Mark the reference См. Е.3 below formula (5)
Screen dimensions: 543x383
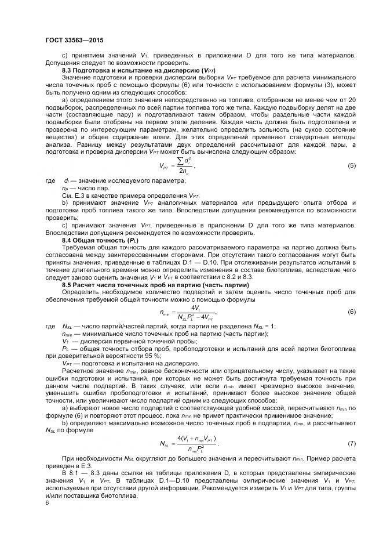click(72, 194)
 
